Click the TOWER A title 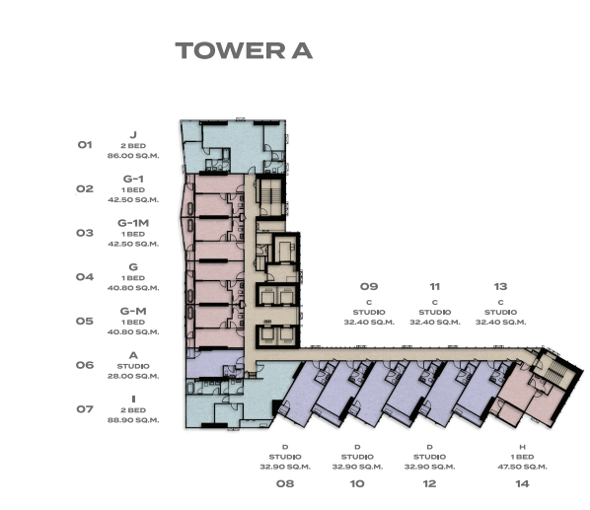(x=244, y=50)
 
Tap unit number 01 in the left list (x=85, y=145)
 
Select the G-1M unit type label (x=133, y=223)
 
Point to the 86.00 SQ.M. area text (x=133, y=156)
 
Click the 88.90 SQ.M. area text (x=133, y=420)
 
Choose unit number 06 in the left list (x=85, y=365)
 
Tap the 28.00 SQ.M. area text (x=133, y=376)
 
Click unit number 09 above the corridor (x=369, y=287)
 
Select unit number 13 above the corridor (x=500, y=287)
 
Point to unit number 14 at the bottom (x=522, y=483)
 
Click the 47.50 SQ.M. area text (x=522, y=467)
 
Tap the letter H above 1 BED (x=522, y=447)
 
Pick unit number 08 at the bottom (x=285, y=483)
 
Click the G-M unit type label (x=133, y=311)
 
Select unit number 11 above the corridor (x=434, y=287)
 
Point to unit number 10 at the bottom (x=357, y=483)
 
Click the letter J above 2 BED (x=133, y=134)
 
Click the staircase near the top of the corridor (x=269, y=195)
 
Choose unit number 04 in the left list (x=85, y=277)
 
